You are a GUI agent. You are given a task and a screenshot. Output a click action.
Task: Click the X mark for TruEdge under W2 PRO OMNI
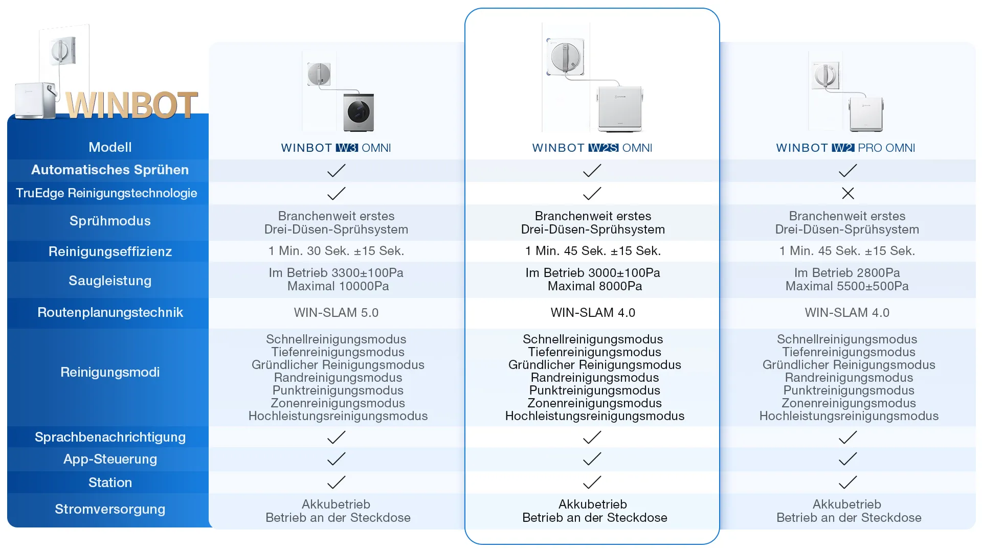(x=847, y=193)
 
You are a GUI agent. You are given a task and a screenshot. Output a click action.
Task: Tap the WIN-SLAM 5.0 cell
(x=336, y=312)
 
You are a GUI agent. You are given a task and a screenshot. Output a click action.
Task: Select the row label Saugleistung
(x=110, y=281)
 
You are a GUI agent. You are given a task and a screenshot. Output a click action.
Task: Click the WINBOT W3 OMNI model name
(x=336, y=148)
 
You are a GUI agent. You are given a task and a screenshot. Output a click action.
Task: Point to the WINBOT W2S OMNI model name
(x=592, y=148)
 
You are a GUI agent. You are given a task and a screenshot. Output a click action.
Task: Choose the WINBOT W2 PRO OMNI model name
(x=845, y=148)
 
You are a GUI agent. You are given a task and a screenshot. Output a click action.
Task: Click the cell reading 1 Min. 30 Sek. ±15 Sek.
(x=336, y=251)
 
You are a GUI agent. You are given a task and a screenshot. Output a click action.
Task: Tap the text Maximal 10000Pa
(x=338, y=286)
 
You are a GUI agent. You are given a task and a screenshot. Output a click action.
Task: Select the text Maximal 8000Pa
(x=594, y=286)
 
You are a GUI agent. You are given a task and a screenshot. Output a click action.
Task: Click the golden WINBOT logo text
(x=131, y=105)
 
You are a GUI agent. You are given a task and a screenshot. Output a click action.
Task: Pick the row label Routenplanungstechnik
(x=110, y=312)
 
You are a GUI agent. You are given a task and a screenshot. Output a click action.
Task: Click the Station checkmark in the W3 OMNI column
(x=336, y=482)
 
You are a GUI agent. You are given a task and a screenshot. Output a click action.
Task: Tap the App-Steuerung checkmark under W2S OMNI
(x=592, y=459)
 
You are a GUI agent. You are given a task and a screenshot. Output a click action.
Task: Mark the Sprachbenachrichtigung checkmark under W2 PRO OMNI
(x=847, y=438)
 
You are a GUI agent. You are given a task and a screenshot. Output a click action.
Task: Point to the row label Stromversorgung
(x=110, y=509)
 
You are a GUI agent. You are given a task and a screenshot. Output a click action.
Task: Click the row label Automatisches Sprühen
(x=110, y=170)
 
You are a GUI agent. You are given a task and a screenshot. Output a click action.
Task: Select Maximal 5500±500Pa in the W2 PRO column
(x=847, y=286)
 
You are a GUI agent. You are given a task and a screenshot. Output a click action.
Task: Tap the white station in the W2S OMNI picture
(x=620, y=109)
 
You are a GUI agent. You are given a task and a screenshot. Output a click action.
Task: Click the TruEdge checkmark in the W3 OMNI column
(x=336, y=193)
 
